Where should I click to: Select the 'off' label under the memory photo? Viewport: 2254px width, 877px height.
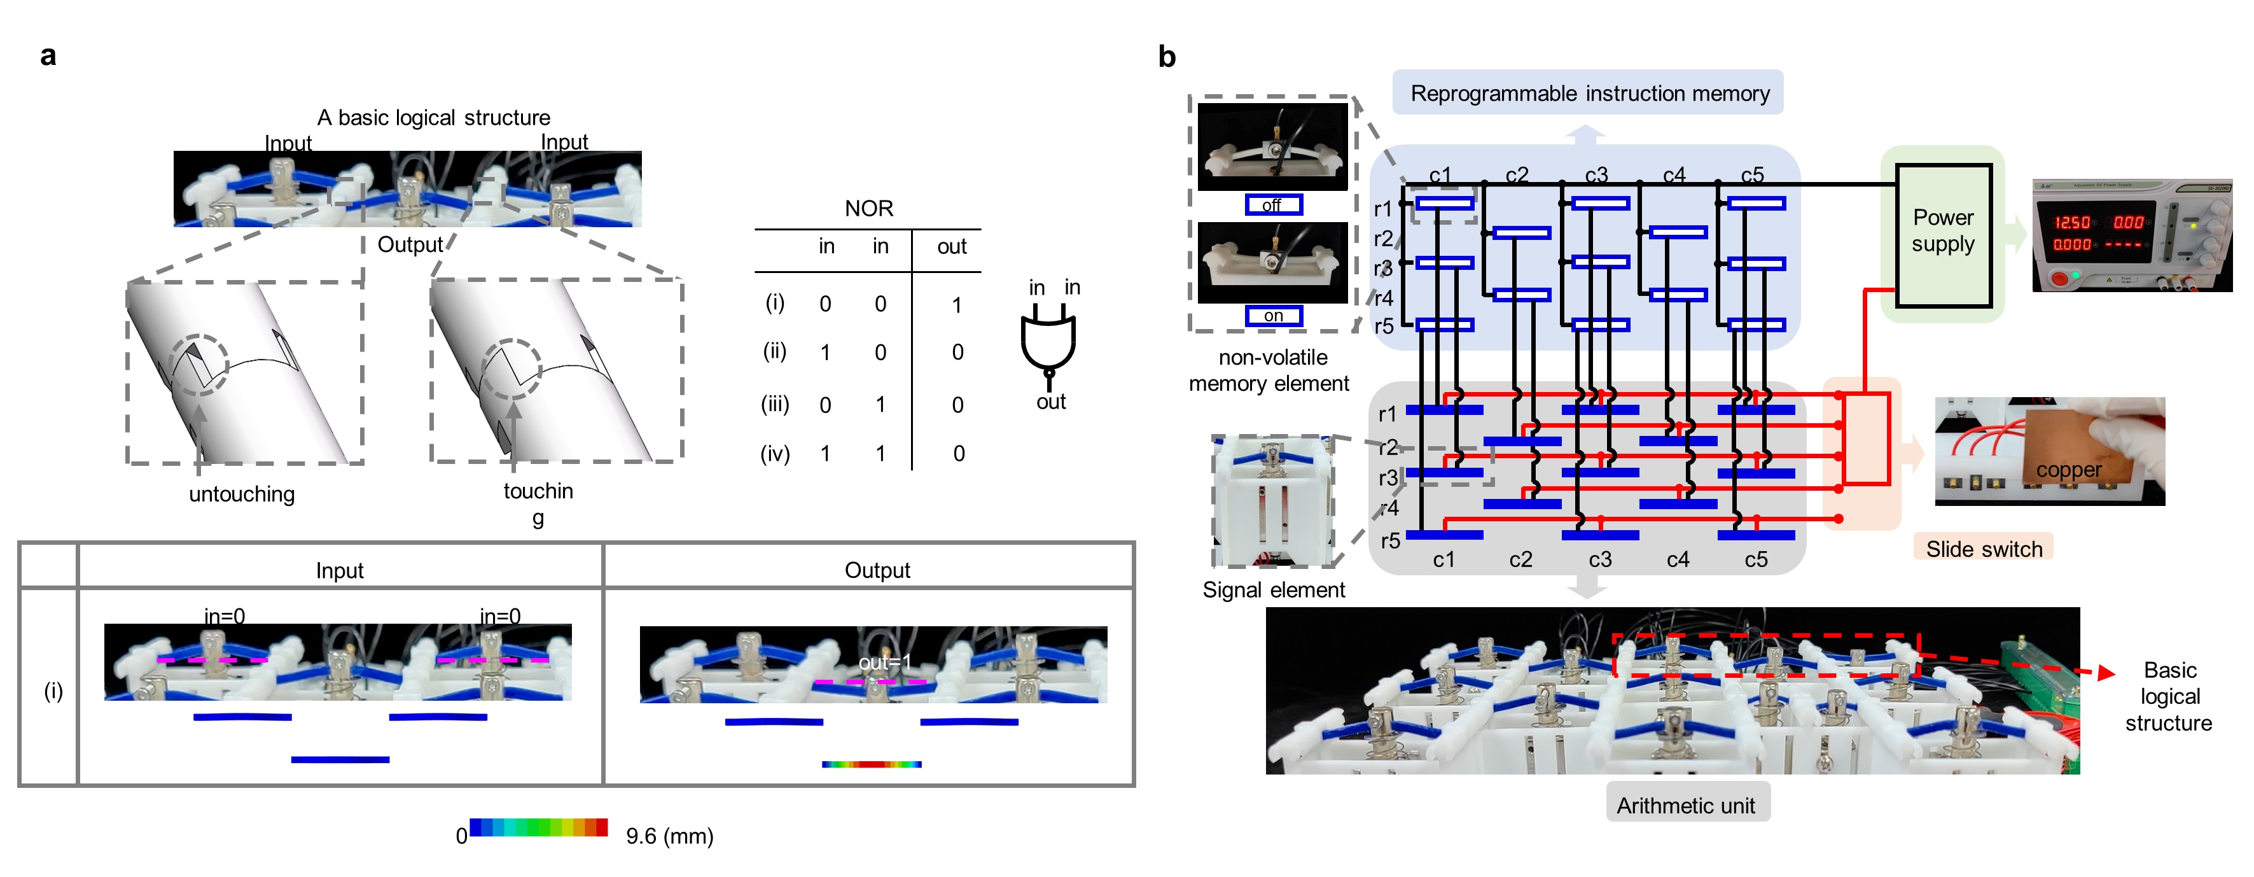click(1273, 205)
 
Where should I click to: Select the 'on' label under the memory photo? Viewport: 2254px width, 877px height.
click(1273, 315)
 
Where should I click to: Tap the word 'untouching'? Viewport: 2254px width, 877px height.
click(242, 494)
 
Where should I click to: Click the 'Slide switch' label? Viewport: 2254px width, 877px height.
click(1984, 549)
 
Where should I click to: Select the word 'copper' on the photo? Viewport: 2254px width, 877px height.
click(2068, 470)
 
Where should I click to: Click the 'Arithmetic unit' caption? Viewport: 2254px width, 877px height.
click(1685, 804)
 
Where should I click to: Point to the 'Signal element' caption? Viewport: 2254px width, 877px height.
click(1273, 590)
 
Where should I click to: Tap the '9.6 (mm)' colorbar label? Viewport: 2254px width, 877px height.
click(669, 836)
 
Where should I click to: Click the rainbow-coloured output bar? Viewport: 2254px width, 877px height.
click(872, 764)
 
